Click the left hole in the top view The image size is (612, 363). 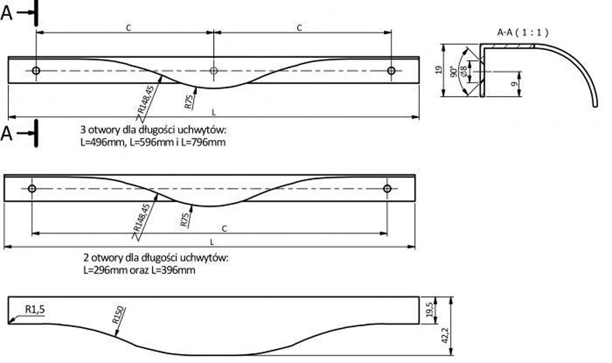coord(36,70)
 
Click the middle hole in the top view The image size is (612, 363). coord(214,70)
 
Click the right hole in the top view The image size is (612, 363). coord(391,70)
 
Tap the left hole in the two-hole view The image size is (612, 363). coord(32,189)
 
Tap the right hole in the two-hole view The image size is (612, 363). coord(387,189)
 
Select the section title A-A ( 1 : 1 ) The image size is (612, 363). coord(522,33)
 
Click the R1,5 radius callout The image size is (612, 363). coord(35,309)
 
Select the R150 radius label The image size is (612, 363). coord(119,316)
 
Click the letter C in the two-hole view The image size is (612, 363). coord(224,228)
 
